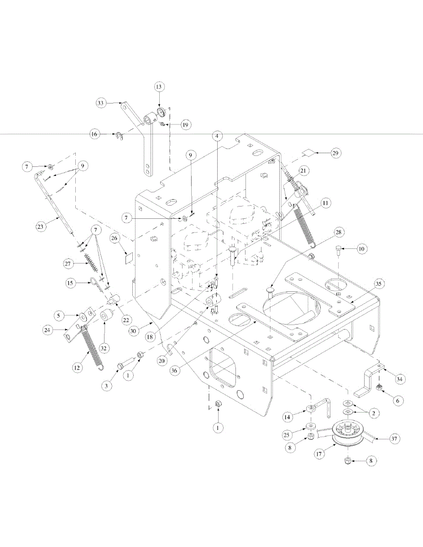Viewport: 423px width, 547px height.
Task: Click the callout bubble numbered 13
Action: [159, 87]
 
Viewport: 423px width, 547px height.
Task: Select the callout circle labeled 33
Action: [101, 103]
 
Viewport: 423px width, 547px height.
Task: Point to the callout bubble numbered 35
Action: [378, 283]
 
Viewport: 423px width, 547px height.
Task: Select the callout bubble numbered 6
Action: [397, 400]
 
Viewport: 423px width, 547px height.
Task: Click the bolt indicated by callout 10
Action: [338, 250]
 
